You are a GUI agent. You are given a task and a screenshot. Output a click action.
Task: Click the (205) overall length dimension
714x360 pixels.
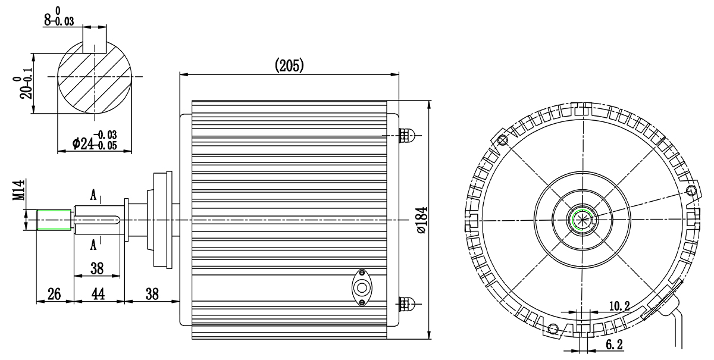pos(289,65)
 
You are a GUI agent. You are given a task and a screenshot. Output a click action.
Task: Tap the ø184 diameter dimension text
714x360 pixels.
pos(422,220)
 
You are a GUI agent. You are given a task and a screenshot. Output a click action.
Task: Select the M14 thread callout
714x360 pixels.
pos(18,190)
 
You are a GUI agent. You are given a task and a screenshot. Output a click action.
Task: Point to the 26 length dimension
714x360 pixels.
pos(54,294)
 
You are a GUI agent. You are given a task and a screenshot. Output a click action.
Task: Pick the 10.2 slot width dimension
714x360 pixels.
pos(619,306)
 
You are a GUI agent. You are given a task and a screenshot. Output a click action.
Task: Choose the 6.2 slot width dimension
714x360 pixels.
pos(614,345)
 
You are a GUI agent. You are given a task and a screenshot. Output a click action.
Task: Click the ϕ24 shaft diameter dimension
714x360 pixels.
pos(95,140)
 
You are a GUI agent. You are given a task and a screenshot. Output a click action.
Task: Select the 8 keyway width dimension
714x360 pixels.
pos(59,17)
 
